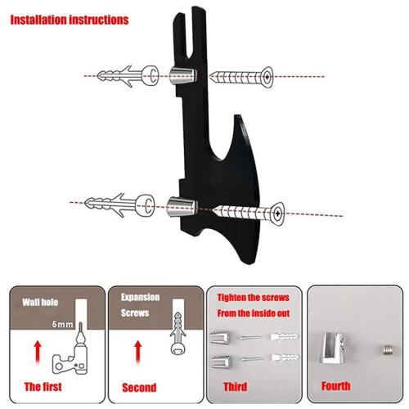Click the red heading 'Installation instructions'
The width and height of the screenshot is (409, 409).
tap(70, 20)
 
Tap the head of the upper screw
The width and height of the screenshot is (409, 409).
tap(267, 77)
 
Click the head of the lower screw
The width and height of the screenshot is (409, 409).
tap(277, 213)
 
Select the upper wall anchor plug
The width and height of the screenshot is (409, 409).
tap(128, 76)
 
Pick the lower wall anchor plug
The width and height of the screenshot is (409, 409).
tap(119, 204)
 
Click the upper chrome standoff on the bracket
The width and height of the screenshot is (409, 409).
tap(182, 75)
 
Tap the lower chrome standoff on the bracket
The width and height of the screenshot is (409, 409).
tap(182, 207)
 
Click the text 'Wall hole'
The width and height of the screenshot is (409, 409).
tap(40, 302)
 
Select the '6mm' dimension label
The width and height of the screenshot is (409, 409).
tap(62, 324)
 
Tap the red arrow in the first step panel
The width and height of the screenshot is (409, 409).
tap(38, 353)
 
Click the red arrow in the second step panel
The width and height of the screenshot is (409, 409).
tap(138, 353)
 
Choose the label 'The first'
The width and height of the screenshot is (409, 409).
tap(43, 387)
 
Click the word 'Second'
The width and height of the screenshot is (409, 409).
tap(139, 388)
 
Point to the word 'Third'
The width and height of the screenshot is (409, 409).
tap(235, 387)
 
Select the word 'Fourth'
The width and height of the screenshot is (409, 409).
tap(335, 386)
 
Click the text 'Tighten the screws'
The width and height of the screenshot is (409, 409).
tap(254, 298)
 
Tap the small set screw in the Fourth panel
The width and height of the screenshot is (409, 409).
tap(388, 350)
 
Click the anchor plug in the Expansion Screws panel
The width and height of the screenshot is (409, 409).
tap(178, 333)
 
